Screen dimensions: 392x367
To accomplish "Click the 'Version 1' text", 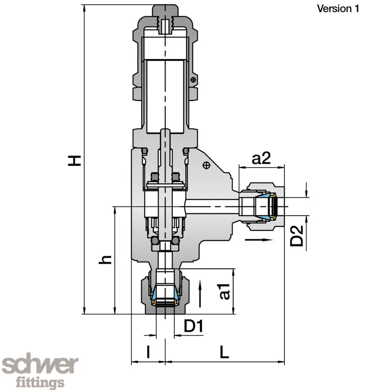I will (338, 9).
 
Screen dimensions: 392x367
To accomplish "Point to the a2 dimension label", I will (262, 159).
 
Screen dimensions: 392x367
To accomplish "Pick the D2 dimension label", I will (297, 236).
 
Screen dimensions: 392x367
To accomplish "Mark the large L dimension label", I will (224, 352).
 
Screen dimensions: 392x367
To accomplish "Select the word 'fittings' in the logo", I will (40, 383).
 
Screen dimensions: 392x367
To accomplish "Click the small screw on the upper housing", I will (193, 79).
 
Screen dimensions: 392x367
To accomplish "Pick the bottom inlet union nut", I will (165, 294).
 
